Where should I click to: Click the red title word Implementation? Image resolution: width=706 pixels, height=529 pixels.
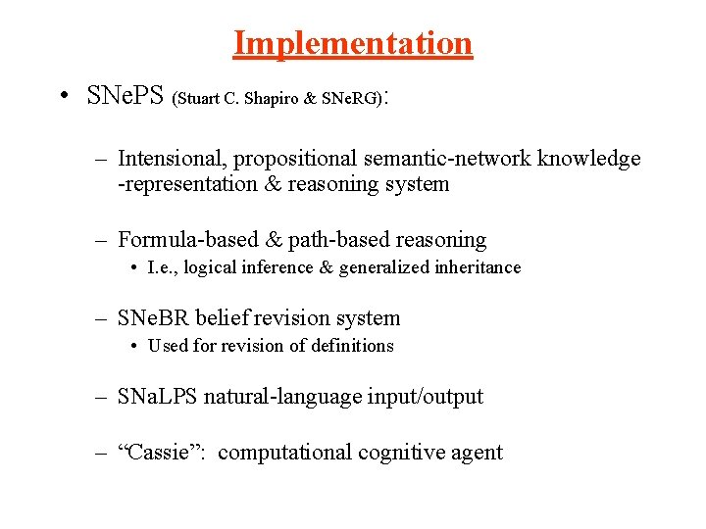[353, 43]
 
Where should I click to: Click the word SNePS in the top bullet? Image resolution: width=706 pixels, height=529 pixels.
[126, 96]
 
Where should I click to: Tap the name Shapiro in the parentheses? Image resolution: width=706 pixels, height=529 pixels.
[286, 99]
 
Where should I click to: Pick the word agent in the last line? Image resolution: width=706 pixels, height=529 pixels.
[479, 453]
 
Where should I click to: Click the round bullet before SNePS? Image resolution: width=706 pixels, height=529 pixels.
[63, 96]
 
